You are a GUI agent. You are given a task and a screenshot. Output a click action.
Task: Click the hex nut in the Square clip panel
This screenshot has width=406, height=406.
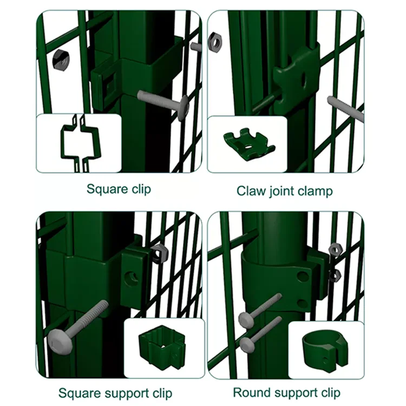(61, 60)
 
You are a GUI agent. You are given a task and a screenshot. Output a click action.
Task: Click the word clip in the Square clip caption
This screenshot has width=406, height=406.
(139, 189)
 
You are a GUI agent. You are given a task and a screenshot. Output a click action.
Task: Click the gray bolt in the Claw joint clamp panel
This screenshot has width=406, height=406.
(344, 106)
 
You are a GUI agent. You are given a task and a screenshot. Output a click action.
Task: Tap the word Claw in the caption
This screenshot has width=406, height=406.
(249, 191)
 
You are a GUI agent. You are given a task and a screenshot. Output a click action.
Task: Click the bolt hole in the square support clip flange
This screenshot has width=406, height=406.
(132, 278)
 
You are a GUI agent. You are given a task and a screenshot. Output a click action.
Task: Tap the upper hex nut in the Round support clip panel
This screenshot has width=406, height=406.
(334, 250)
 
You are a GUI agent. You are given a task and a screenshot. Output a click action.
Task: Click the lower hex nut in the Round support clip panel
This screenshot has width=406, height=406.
(334, 274)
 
